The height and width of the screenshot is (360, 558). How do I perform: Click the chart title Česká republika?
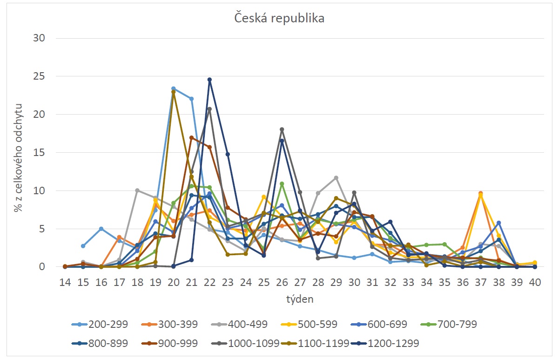point(279,19)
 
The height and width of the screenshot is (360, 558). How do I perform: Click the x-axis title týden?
point(300,299)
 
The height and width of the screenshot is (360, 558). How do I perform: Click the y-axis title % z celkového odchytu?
point(18,152)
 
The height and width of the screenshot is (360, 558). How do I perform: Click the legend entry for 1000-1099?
point(254,343)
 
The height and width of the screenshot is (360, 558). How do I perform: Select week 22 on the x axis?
point(209,282)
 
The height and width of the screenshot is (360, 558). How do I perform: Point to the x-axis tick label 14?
point(65,282)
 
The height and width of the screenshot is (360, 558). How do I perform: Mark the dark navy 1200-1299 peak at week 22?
point(209,80)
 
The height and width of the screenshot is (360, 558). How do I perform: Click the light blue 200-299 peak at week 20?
point(173,88)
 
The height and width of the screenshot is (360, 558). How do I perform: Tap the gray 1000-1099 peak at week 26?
point(282,129)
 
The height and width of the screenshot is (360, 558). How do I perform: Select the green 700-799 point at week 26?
point(282,184)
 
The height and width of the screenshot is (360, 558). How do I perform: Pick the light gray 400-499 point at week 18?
point(137,190)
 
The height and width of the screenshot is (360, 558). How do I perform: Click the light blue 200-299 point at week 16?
point(101,229)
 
